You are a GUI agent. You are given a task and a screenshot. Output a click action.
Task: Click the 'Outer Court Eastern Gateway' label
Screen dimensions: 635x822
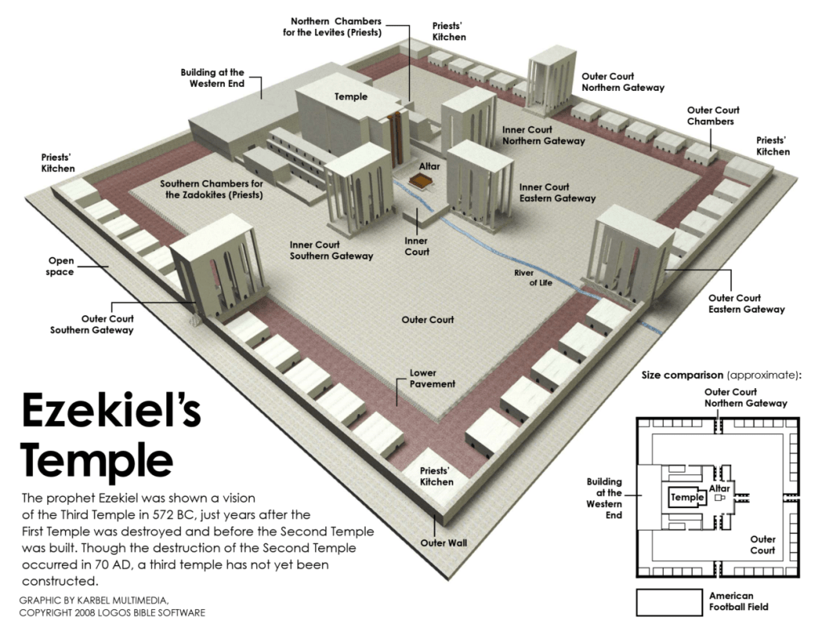[746, 303]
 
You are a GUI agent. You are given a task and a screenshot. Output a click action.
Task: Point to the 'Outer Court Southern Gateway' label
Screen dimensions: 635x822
[92, 324]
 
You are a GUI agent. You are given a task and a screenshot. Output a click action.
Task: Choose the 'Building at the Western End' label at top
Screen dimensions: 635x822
[212, 78]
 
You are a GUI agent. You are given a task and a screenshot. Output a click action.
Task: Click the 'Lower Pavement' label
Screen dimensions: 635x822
[432, 379]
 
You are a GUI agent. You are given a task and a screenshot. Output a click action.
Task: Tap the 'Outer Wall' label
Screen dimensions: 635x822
[444, 543]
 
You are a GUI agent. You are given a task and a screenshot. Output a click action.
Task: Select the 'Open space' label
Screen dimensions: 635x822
[61, 266]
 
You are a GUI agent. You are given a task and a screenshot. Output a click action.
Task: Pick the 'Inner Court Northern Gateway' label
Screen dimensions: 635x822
[543, 134]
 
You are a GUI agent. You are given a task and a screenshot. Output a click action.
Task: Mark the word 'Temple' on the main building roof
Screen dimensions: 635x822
[351, 96]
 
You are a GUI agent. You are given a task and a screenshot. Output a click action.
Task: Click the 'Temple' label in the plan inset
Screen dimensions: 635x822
[688, 497]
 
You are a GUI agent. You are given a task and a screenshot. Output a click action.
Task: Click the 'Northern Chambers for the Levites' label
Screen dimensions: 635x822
[336, 27]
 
